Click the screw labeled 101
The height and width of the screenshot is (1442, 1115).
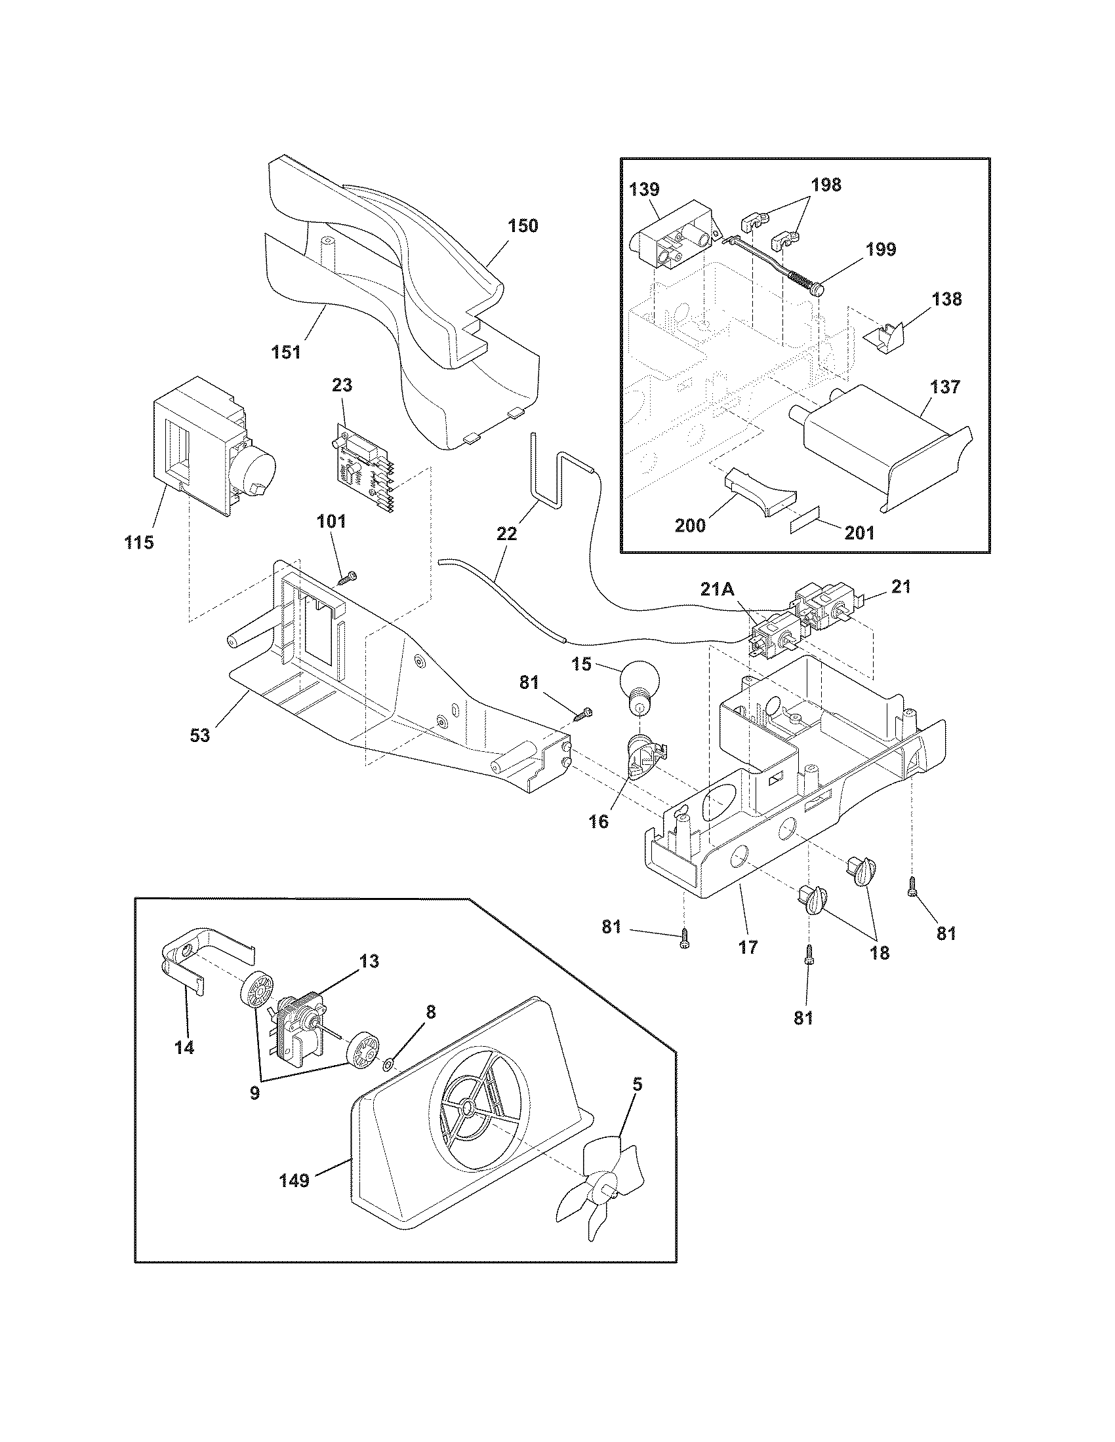pos(344,579)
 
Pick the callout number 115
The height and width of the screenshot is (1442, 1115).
pos(138,542)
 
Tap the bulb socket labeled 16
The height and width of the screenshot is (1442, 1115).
pos(643,759)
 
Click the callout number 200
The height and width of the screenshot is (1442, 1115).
pos(689,526)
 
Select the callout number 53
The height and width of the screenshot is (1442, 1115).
pos(200,735)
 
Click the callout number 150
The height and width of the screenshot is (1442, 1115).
pos(523,226)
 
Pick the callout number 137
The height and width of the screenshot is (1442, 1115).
pos(945,386)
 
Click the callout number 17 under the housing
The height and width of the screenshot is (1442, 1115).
pos(748,948)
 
